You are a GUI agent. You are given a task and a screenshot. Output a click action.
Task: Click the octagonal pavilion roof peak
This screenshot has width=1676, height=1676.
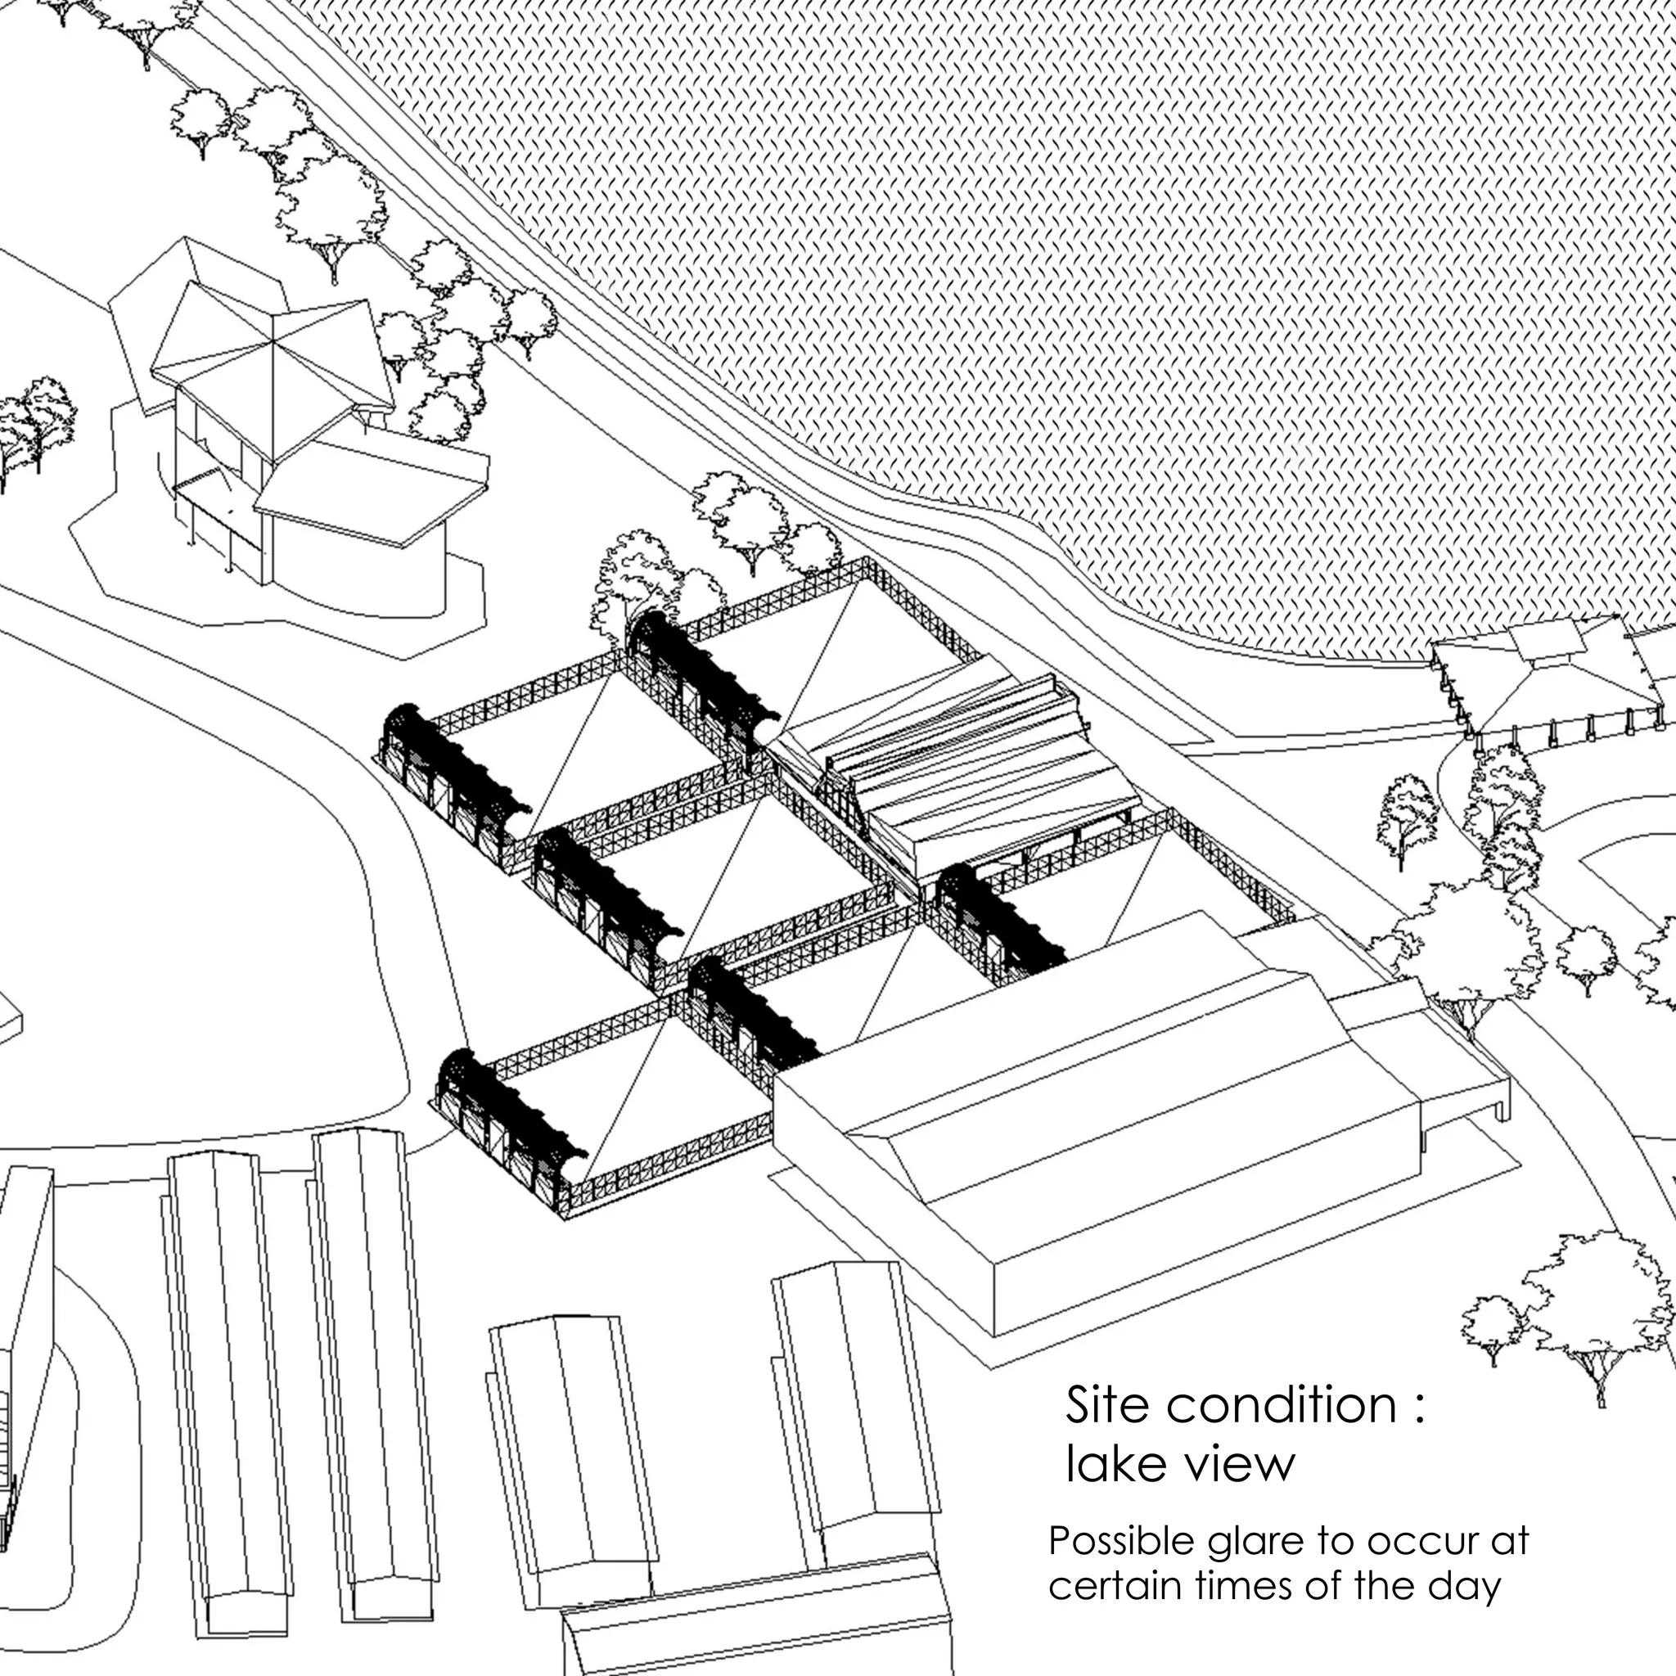[276, 341]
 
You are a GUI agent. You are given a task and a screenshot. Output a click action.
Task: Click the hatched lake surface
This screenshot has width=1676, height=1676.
[1041, 260]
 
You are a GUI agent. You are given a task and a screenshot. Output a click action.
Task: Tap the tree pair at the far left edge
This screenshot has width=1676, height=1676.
[30, 425]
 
